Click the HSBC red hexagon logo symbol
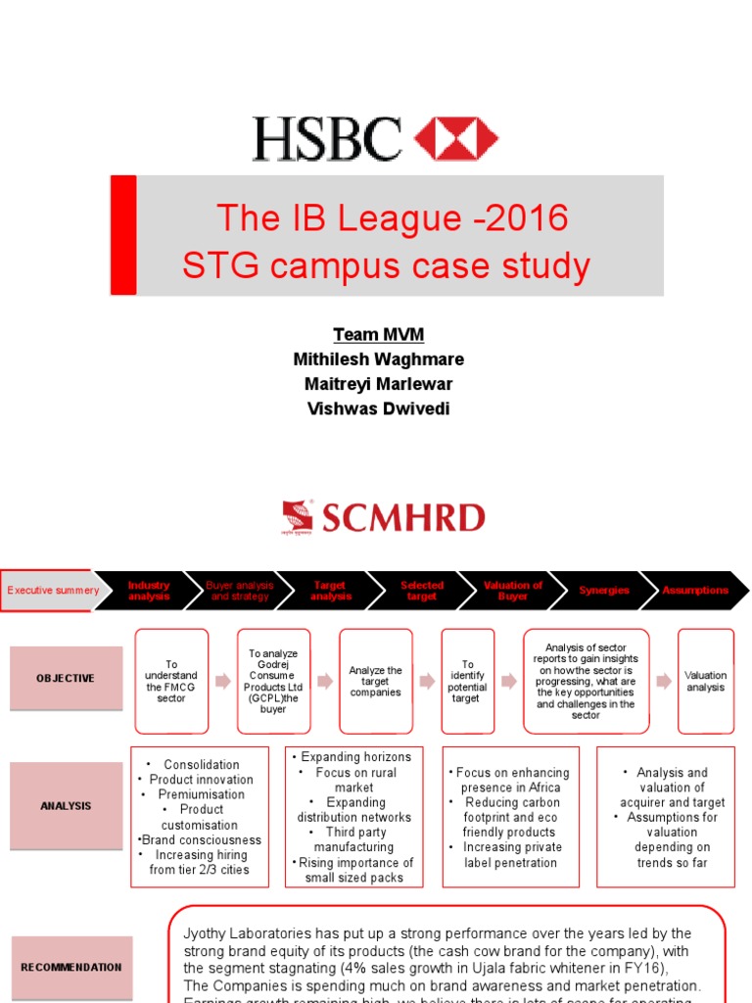pos(456,139)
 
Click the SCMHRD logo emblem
pos(297,517)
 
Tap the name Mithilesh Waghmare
pos(378,359)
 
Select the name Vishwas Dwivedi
pos(378,408)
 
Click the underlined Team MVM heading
pos(378,335)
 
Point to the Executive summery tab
pos(52,591)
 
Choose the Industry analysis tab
pos(149,591)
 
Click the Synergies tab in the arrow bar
pos(603,591)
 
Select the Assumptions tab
pos(694,591)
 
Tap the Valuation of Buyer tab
pos(512,591)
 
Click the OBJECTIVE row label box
pos(66,678)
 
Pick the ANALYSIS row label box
pos(66,806)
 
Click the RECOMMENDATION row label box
pos(71,967)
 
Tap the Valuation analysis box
pos(705,681)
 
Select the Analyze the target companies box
pos(376,681)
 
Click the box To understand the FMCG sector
pos(171,681)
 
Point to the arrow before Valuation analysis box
pos(663,680)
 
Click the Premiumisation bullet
pos(200,794)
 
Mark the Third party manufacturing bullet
pos(354,839)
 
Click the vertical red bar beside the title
pos(123,235)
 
